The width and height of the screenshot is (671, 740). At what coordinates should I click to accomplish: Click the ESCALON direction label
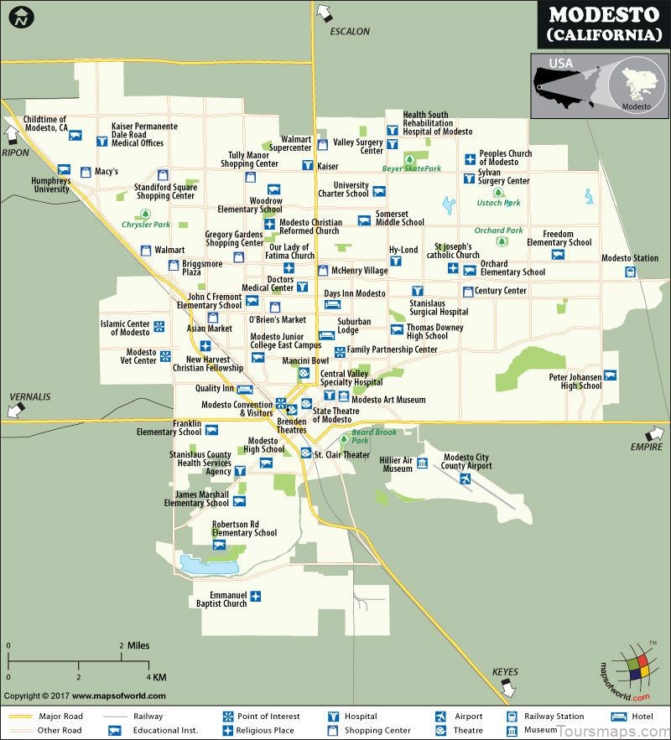click(x=350, y=31)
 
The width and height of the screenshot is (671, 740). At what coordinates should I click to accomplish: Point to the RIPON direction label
click(x=15, y=153)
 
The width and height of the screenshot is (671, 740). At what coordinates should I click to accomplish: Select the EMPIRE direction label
click(x=646, y=447)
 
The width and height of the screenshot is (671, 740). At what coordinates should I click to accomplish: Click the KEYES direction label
click(x=505, y=671)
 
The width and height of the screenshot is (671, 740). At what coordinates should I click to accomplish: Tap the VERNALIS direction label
click(x=30, y=396)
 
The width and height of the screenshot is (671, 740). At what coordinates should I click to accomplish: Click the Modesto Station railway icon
click(x=629, y=272)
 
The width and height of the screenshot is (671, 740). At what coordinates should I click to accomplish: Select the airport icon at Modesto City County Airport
click(x=465, y=479)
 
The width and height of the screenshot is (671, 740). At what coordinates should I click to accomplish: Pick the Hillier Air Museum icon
click(x=422, y=463)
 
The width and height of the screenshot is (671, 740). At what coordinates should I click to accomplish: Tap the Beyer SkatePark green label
click(x=411, y=168)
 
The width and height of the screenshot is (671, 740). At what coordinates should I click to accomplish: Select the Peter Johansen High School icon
click(x=610, y=375)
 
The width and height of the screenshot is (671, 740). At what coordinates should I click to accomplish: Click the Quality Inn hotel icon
click(x=244, y=389)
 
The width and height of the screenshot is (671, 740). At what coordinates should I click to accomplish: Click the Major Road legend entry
click(x=59, y=717)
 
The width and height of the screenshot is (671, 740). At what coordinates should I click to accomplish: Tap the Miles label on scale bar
click(x=138, y=645)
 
